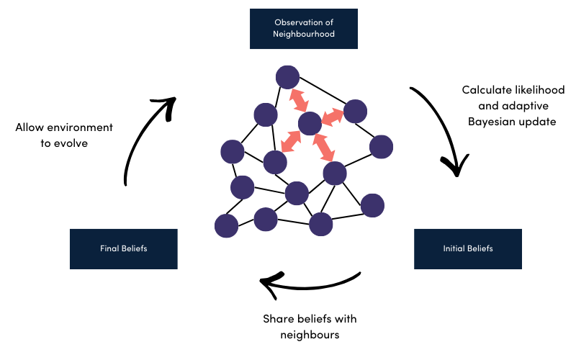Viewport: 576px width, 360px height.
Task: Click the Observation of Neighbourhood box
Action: coord(304,29)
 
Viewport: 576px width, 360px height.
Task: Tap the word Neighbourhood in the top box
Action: coord(304,35)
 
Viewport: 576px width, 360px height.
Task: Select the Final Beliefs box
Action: coord(123,249)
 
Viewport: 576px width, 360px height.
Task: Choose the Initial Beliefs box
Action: coord(468,249)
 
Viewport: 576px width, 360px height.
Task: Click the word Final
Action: coord(109,249)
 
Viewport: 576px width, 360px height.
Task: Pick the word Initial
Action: coord(454,249)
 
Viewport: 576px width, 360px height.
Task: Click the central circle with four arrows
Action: coord(310,124)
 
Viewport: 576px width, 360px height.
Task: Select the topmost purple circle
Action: coord(287,77)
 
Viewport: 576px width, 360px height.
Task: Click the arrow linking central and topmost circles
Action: coord(298,100)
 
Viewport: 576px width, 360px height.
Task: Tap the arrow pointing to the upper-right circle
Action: coord(333,117)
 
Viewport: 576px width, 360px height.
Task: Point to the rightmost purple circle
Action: coord(382,147)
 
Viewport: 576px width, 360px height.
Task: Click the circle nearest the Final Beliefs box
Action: coord(226,226)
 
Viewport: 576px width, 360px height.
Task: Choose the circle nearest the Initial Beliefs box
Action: coord(372,205)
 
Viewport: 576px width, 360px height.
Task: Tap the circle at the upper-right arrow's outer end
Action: coord(355,112)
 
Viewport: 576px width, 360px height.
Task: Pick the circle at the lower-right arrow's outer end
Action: coord(335,174)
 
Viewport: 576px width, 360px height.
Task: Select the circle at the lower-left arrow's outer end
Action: coord(275,163)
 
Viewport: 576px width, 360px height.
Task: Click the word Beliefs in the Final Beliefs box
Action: coord(132,249)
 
